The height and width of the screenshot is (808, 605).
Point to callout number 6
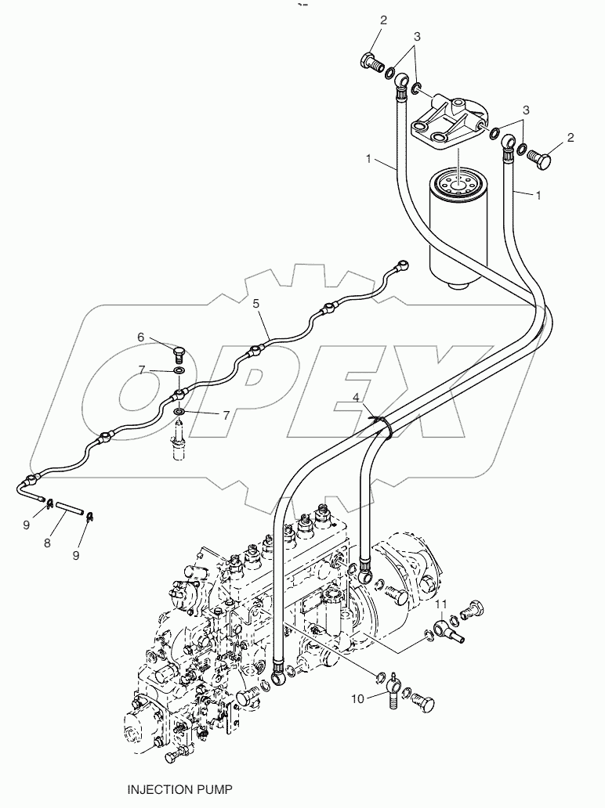[x=141, y=337]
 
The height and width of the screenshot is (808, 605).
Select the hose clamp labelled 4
[x=382, y=424]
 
